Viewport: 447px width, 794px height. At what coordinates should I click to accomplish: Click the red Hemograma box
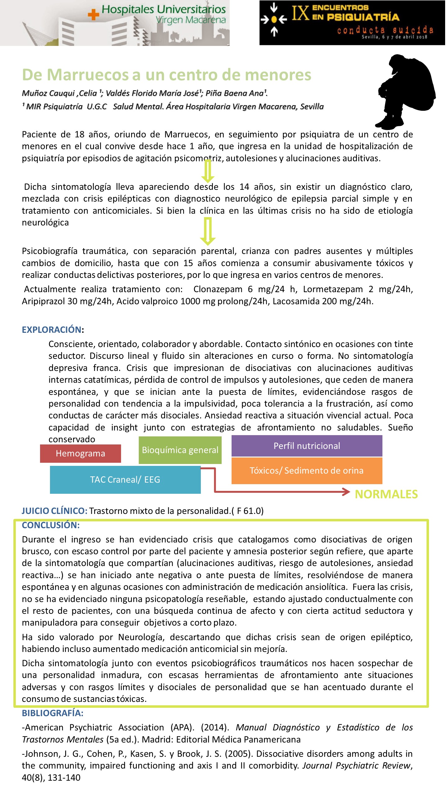[x=80, y=453]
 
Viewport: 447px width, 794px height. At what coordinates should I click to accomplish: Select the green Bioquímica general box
[x=180, y=450]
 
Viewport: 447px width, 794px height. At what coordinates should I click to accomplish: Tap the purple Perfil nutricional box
[x=307, y=446]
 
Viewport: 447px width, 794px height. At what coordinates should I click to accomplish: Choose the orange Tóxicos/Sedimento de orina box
[x=307, y=471]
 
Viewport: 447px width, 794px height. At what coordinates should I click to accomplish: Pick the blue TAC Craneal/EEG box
[x=125, y=480]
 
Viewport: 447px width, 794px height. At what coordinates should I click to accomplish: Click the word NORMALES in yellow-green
[x=386, y=494]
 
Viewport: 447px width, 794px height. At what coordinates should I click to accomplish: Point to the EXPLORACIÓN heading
[x=52, y=329]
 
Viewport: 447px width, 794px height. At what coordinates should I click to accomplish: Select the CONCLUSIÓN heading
[x=51, y=525]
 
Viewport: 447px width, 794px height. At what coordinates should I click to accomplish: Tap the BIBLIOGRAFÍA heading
[x=52, y=713]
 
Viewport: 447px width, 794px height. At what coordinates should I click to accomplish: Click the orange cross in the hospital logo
[x=93, y=14]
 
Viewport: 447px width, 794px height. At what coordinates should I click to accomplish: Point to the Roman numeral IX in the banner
[x=300, y=13]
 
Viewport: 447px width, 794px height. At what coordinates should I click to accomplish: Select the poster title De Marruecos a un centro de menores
[x=167, y=75]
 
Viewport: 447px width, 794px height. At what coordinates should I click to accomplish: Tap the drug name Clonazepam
[x=218, y=289]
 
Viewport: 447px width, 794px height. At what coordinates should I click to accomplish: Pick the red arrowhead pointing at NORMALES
[x=346, y=492]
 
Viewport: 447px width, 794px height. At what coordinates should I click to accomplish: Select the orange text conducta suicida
[x=385, y=30]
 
